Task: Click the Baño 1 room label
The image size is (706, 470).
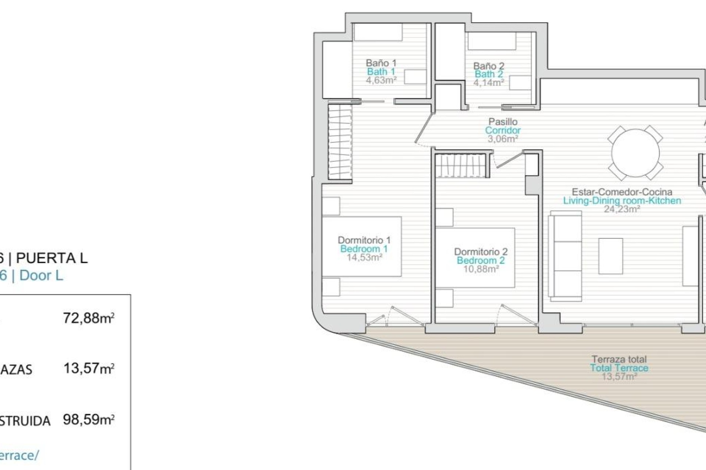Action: point(381,63)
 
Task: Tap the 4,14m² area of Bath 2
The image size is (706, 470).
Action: point(488,83)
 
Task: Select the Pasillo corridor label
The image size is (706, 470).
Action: point(503,122)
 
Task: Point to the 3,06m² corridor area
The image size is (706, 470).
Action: point(503,139)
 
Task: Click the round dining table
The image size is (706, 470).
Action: point(635,153)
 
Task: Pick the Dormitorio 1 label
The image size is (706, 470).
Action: point(364,240)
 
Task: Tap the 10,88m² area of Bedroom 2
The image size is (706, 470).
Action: point(481,269)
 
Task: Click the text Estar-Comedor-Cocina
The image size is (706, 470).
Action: point(622,192)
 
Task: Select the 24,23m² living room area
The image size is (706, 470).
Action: point(622,209)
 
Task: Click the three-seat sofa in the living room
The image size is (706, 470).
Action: point(565,256)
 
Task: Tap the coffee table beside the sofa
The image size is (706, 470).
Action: point(610,256)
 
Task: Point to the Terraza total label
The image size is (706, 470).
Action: point(619,359)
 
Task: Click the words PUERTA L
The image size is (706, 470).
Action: point(52,258)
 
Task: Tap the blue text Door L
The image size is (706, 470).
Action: point(41,275)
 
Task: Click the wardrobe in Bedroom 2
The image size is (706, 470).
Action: point(462,165)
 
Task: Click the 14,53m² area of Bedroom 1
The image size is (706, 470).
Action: point(364,257)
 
